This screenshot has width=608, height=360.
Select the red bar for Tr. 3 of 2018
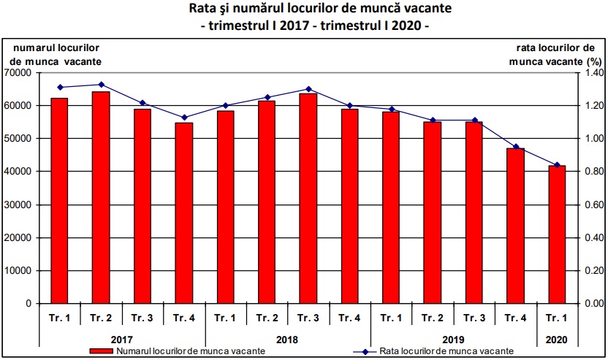coord(308,198)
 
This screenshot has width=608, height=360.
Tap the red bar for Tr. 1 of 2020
coord(557,234)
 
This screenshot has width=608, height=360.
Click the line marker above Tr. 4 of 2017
coord(183,118)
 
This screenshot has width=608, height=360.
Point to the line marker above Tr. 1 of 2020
coord(557,165)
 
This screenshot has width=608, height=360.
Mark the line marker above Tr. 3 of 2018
coord(308,89)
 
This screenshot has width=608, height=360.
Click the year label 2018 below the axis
coord(287,339)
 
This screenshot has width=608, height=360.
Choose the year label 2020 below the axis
coord(557,339)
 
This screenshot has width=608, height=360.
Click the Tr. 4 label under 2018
coord(349,318)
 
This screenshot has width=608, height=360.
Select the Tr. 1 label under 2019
coord(391,318)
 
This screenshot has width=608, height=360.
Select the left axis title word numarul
coord(31,47)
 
